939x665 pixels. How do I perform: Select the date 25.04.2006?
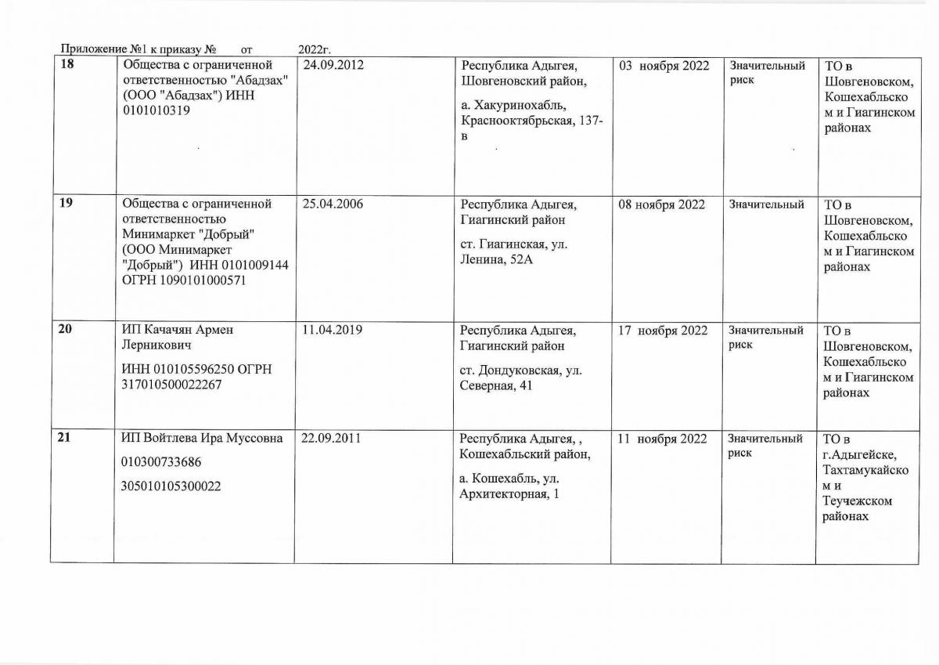tap(333, 204)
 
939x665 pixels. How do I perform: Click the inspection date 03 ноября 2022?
tap(664, 65)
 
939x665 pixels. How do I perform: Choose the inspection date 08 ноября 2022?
tap(662, 204)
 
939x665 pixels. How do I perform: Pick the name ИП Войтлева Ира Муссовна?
tap(202, 439)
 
